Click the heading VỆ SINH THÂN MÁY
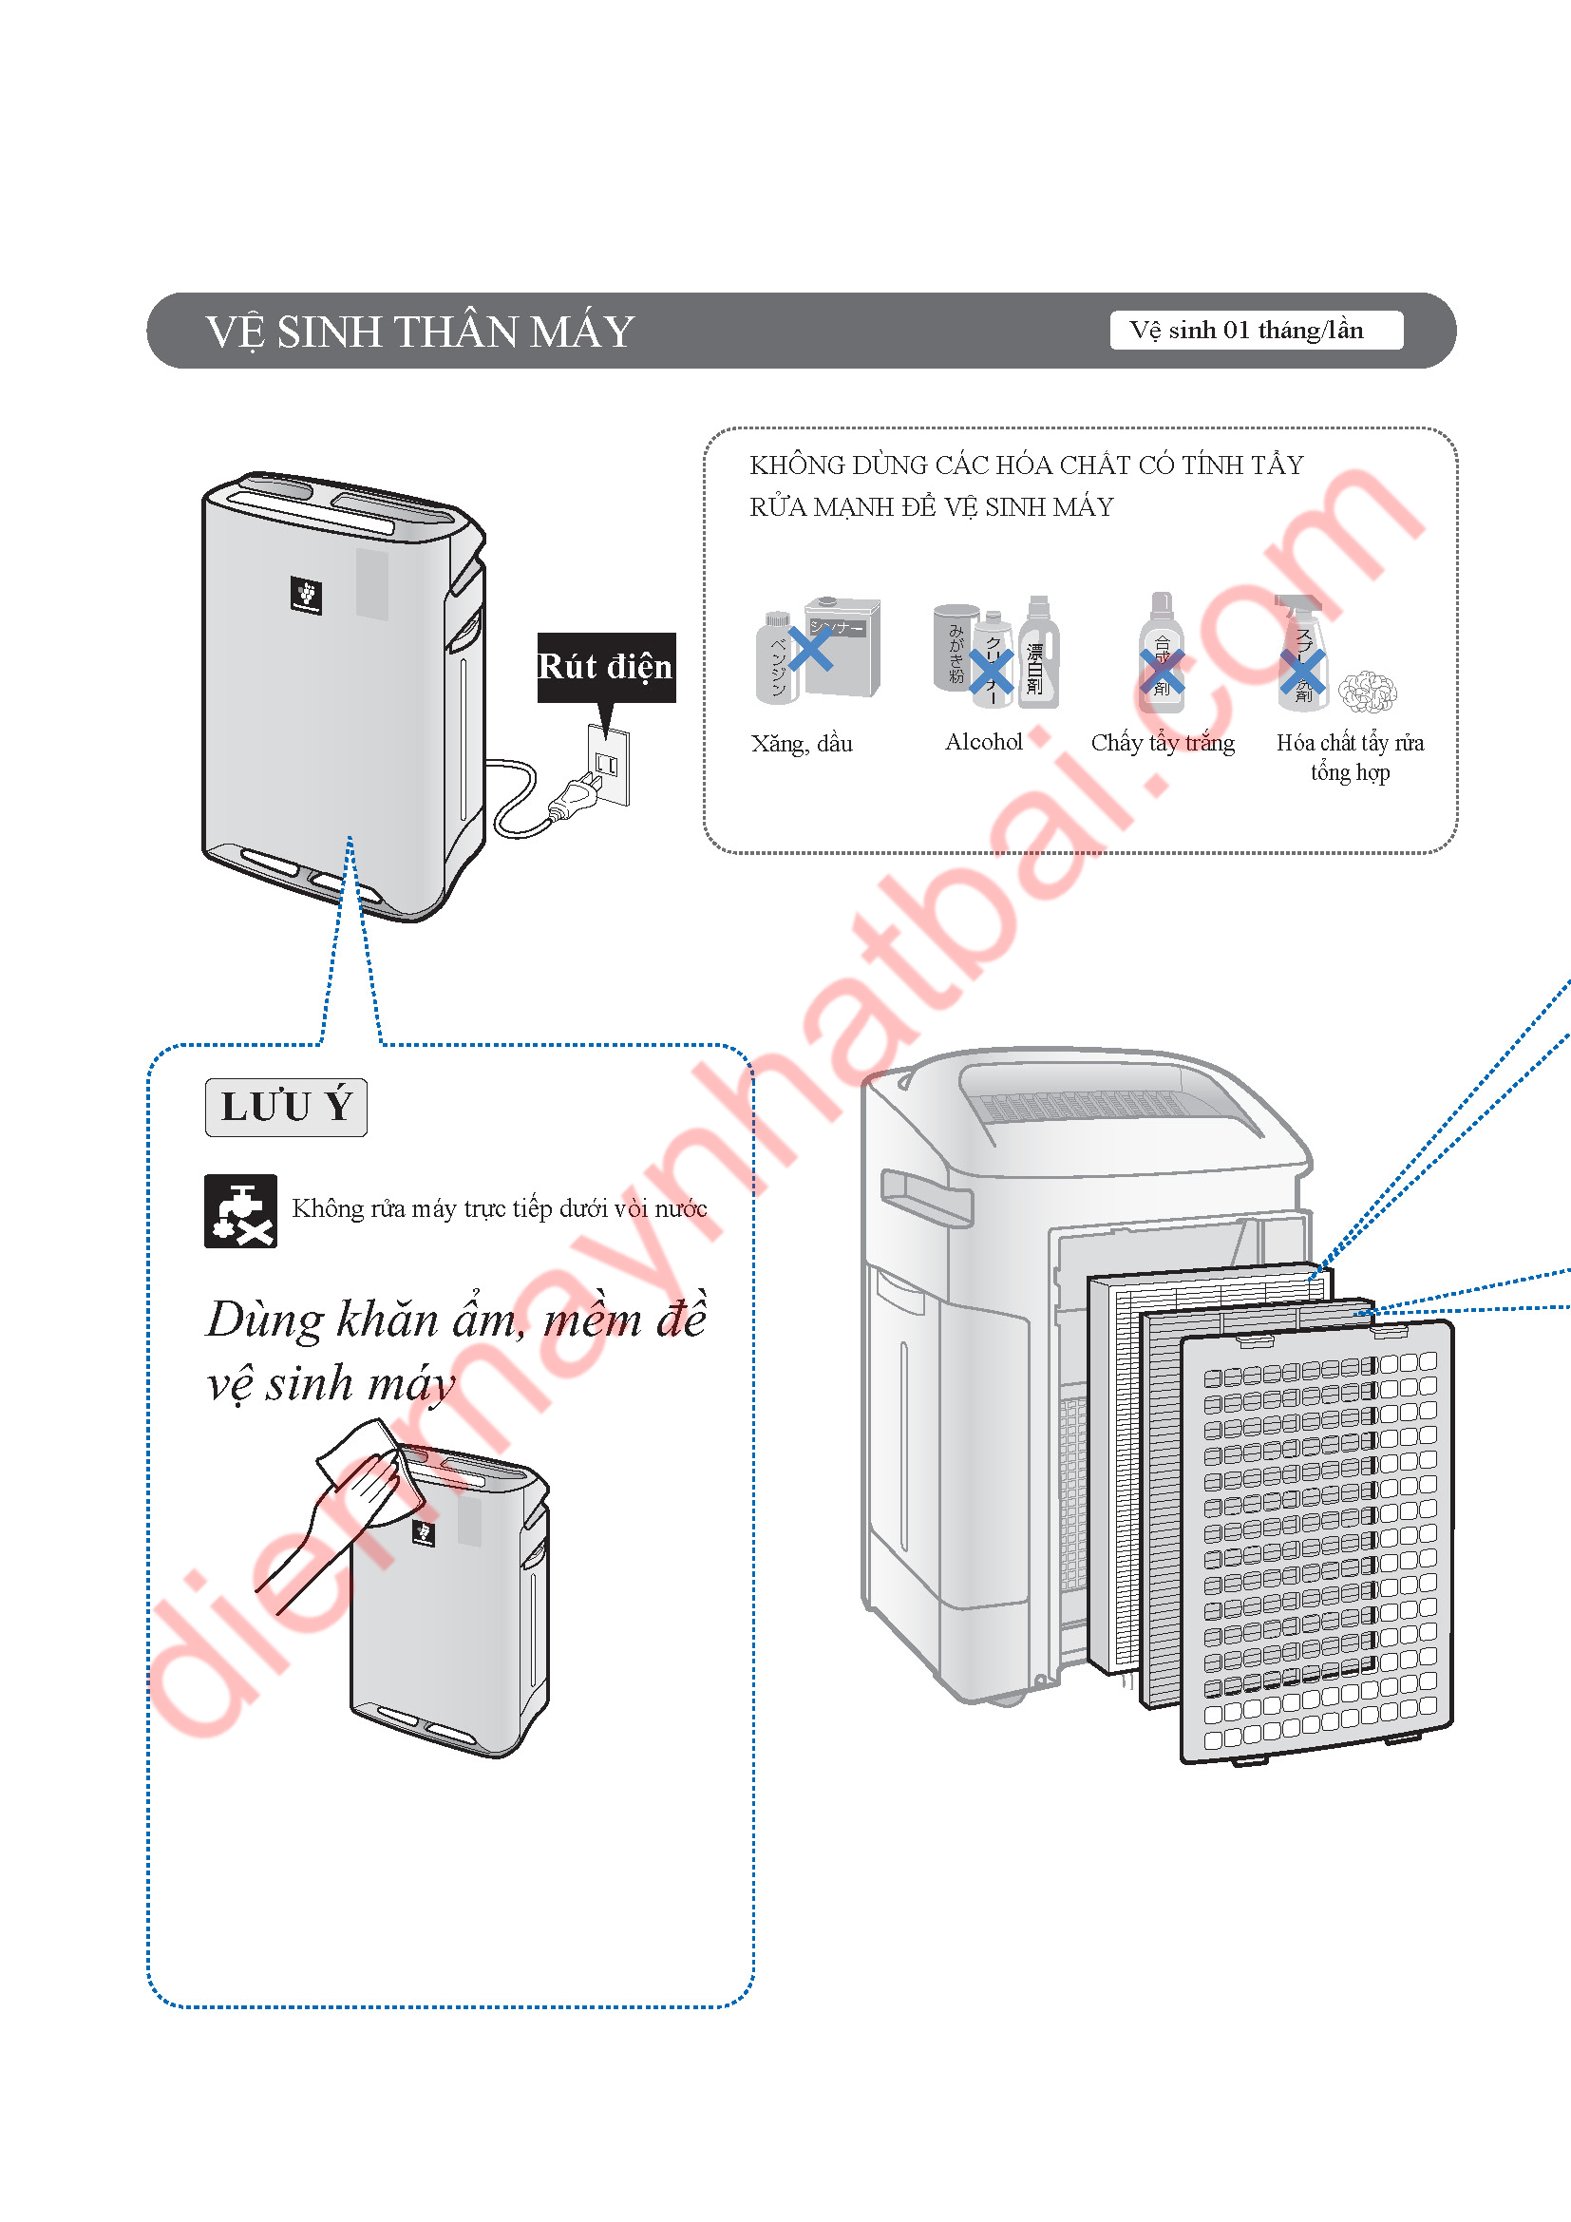[x=419, y=332]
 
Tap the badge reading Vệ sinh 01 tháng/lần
[x=1255, y=331]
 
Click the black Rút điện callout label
[x=606, y=667]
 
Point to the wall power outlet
[x=609, y=764]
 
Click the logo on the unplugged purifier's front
[x=306, y=594]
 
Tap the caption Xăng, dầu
[x=801, y=744]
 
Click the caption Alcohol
[x=983, y=742]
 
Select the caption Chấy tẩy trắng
[x=1162, y=743]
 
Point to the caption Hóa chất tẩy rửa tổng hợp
[x=1350, y=757]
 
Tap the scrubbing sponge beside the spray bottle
[x=1368, y=691]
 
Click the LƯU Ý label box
[x=285, y=1106]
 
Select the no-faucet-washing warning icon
[x=241, y=1210]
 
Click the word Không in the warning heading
[x=786, y=465]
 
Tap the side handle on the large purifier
[x=925, y=1197]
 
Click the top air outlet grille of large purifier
[x=1084, y=1103]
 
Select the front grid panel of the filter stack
[x=1317, y=1541]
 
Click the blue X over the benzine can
[x=809, y=649]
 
